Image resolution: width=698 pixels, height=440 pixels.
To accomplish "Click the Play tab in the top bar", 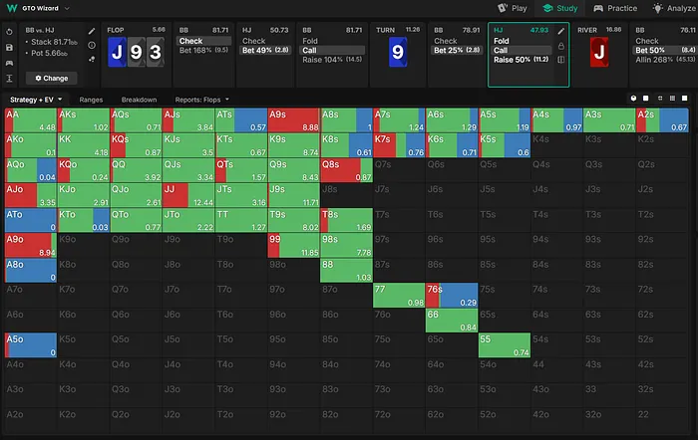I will [513, 8].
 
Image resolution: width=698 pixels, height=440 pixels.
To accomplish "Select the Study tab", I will [560, 8].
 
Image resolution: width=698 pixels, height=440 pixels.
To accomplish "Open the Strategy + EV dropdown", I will [36, 100].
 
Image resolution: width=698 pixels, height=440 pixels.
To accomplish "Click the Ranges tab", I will [91, 100].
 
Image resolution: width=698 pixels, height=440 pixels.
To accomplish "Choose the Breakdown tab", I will [139, 100].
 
